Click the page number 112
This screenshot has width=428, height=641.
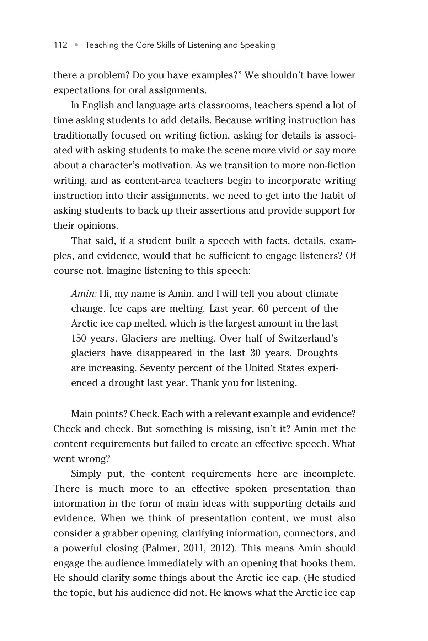[x=60, y=45]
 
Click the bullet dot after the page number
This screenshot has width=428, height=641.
[x=76, y=45]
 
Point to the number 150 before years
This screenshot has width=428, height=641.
[x=79, y=338]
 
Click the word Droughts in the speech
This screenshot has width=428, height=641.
[x=317, y=353]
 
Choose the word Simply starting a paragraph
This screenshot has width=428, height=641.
[x=86, y=474]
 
